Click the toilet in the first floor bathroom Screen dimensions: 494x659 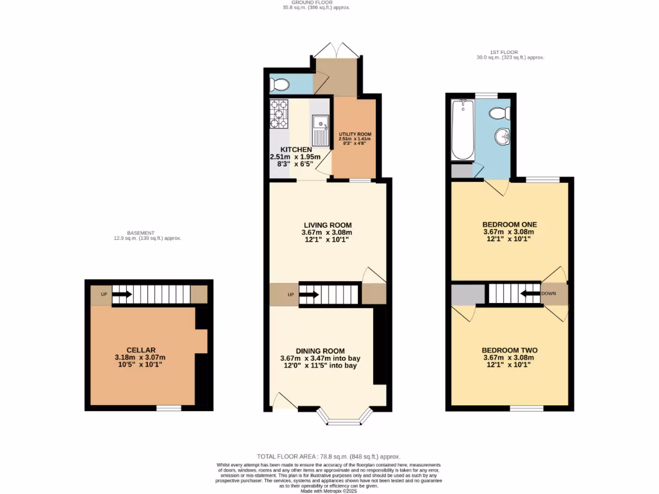[499, 114]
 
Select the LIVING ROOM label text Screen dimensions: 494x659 [327, 224]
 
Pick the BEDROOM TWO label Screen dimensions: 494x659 [509, 351]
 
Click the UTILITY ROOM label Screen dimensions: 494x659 [355, 134]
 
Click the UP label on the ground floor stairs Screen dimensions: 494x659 [290, 295]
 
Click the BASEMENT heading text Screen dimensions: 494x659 [141, 233]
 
